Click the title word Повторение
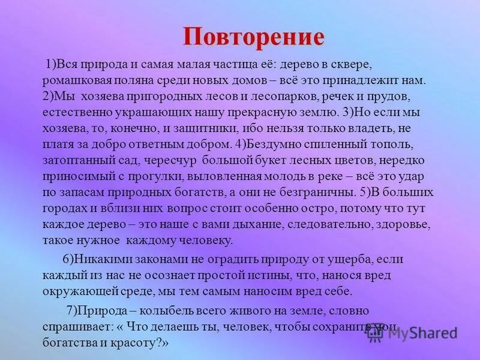coord(253,37)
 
